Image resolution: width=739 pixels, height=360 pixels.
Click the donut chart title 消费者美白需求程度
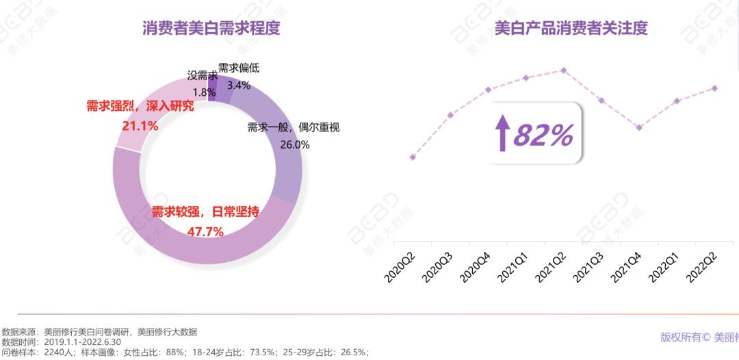point(211,28)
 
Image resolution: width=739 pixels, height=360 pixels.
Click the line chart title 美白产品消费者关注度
point(570,28)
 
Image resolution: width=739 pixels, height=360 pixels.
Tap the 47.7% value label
point(205,231)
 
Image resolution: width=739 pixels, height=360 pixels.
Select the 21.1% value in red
point(140,126)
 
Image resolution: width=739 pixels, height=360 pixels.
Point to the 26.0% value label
point(295,144)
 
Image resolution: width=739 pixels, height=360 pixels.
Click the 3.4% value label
point(238,85)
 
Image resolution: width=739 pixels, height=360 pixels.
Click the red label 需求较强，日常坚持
point(205,211)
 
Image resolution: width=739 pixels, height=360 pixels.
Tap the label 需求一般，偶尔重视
point(294,127)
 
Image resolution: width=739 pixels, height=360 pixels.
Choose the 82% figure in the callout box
point(543,136)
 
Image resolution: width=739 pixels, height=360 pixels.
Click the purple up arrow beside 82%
point(503,133)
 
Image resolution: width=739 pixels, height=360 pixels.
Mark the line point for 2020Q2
point(412,157)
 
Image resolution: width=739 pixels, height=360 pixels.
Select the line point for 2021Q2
point(563,70)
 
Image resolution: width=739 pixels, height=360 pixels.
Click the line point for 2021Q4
point(639,127)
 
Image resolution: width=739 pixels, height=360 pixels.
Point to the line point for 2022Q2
point(715,88)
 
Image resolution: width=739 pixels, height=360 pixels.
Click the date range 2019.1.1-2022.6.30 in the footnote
point(82,342)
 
